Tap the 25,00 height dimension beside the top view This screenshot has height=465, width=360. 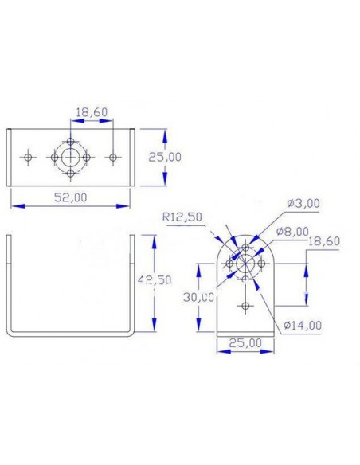click(x=165, y=157)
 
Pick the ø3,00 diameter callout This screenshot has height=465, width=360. click(x=304, y=204)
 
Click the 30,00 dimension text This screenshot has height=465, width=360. click(x=198, y=296)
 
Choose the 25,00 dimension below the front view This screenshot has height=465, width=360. click(x=245, y=343)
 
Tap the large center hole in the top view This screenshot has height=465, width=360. click(x=72, y=157)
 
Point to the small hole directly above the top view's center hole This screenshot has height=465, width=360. click(x=72, y=141)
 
